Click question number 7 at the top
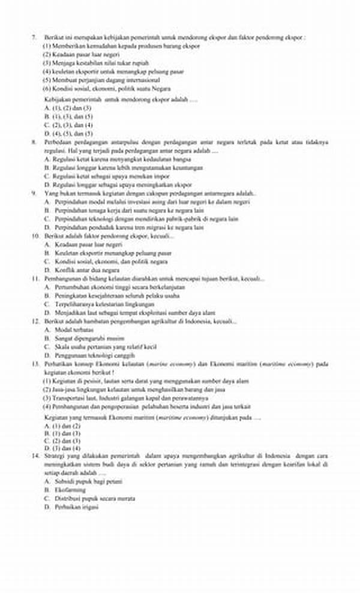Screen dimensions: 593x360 tap(34, 37)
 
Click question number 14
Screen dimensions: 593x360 tap(35, 456)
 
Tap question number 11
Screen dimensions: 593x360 tap(35, 279)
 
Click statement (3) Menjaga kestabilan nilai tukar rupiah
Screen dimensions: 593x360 tap(95, 62)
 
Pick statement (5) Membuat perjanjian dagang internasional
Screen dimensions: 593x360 tap(101, 79)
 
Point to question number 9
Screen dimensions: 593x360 tap(34, 194)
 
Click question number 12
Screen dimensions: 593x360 tap(35, 322)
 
